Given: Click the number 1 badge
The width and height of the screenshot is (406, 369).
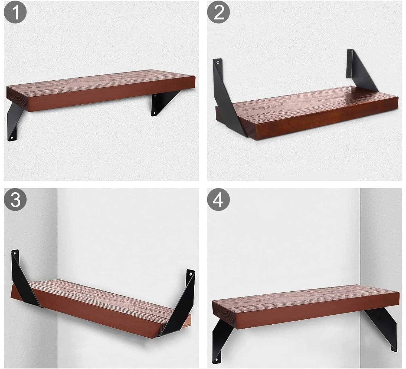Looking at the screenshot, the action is coord(15,12).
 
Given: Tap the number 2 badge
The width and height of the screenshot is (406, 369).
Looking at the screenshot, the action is coord(218,12).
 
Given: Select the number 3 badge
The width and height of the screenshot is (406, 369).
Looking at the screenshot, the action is coord(15,200).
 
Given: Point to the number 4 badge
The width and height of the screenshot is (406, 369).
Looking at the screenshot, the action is coord(218,200).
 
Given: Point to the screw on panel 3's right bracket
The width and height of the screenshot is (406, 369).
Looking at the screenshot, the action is coord(191,274).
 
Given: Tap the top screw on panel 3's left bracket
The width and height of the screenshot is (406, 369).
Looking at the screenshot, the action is coord(14,253).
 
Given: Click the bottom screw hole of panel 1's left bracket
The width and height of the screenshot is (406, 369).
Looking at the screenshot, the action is coord(12,138).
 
